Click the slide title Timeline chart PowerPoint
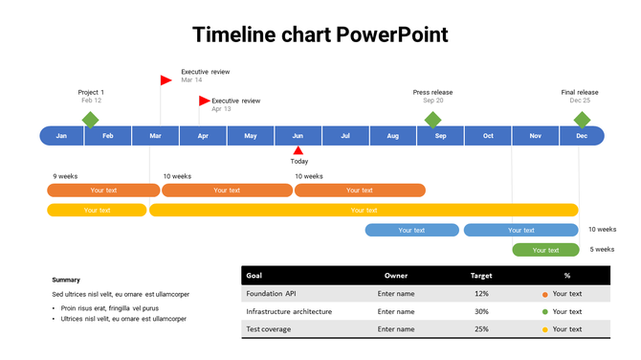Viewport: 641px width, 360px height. pyautogui.click(x=320, y=35)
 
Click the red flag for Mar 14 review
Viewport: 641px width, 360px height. pyautogui.click(x=166, y=79)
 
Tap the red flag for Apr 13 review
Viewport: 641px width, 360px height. pyautogui.click(x=204, y=101)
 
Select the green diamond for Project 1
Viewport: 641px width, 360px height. pyautogui.click(x=90, y=120)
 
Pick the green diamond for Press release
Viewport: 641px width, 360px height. pyautogui.click(x=432, y=120)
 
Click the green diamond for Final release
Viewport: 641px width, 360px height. pyautogui.click(x=581, y=120)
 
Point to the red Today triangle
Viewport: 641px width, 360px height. pyautogui.click(x=298, y=150)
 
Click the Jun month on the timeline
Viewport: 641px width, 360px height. pyautogui.click(x=298, y=136)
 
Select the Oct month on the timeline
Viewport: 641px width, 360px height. pyautogui.click(x=488, y=136)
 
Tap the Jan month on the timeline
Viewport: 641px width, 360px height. pyautogui.click(x=62, y=136)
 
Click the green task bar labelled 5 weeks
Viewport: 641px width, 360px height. pyautogui.click(x=545, y=250)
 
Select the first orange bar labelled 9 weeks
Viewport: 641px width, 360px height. pyautogui.click(x=103, y=191)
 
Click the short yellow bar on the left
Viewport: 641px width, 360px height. pyautogui.click(x=97, y=210)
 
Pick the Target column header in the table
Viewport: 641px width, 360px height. pyautogui.click(x=481, y=275)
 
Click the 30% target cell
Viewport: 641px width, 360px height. pyautogui.click(x=481, y=311)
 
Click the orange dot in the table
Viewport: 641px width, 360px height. pyautogui.click(x=545, y=294)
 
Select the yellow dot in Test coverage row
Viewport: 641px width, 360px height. pyautogui.click(x=545, y=329)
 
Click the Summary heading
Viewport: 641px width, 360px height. pyautogui.click(x=66, y=280)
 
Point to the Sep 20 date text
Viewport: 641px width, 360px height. pyautogui.click(x=432, y=101)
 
